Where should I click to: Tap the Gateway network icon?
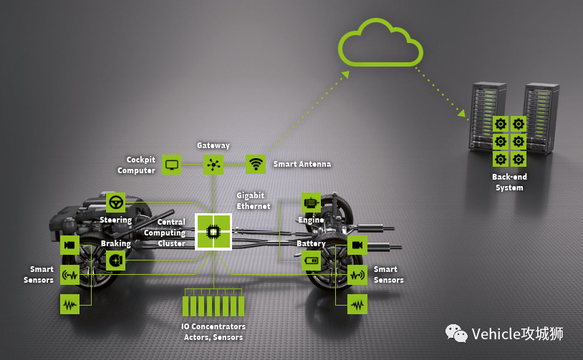(213, 164)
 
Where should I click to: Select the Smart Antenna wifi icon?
(256, 164)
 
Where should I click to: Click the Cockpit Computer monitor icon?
(171, 164)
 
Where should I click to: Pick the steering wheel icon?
(115, 202)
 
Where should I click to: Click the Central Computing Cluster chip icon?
(213, 230)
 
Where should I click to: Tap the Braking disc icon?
(115, 261)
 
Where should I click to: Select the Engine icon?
(311, 203)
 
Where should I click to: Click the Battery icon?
(311, 260)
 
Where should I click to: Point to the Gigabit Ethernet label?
(254, 200)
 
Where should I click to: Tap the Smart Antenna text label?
(302, 164)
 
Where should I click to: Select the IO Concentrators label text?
(213, 331)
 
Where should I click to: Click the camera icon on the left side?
(69, 245)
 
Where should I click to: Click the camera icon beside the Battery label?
(357, 245)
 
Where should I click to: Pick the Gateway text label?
(213, 145)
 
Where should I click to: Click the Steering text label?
(115, 220)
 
